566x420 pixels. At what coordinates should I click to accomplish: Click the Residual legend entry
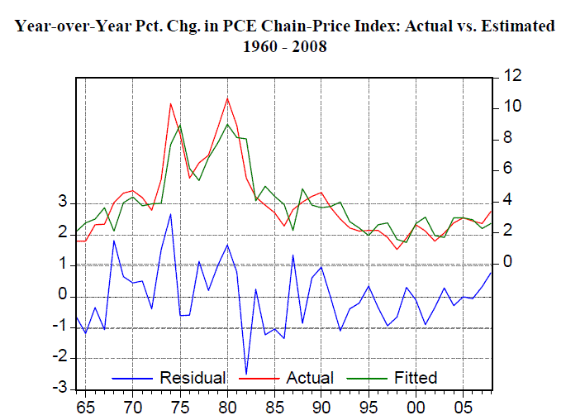click(193, 378)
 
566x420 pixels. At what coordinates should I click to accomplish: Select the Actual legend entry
click(310, 378)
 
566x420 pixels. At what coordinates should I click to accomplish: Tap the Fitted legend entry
click(416, 378)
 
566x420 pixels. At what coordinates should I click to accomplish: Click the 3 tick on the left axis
click(62, 203)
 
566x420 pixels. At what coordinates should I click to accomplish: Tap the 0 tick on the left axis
click(62, 295)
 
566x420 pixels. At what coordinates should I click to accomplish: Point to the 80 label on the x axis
click(226, 407)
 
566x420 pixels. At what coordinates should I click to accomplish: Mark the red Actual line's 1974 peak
click(170, 103)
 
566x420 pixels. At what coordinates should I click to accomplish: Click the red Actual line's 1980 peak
click(227, 98)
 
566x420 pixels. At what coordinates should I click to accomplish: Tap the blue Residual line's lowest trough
click(246, 375)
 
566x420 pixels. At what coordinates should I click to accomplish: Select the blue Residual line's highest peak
click(170, 214)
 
